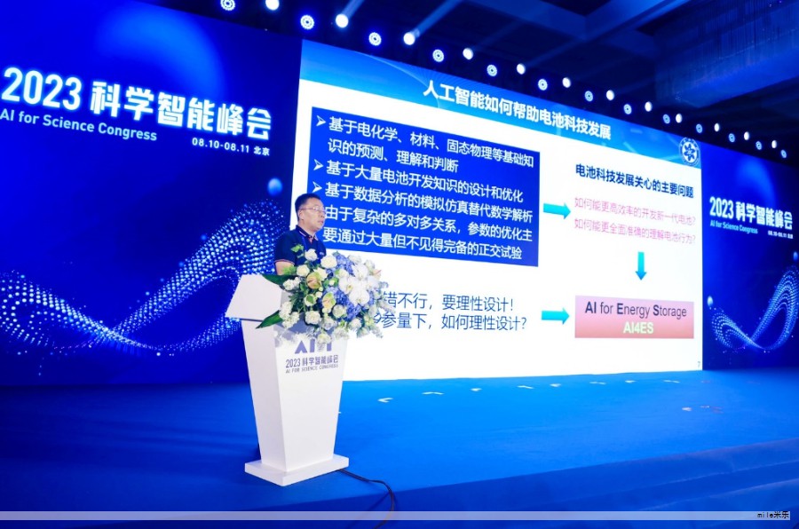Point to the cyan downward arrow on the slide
coord(640,264)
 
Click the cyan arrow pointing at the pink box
coord(555,315)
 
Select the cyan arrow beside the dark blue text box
coord(557,210)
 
